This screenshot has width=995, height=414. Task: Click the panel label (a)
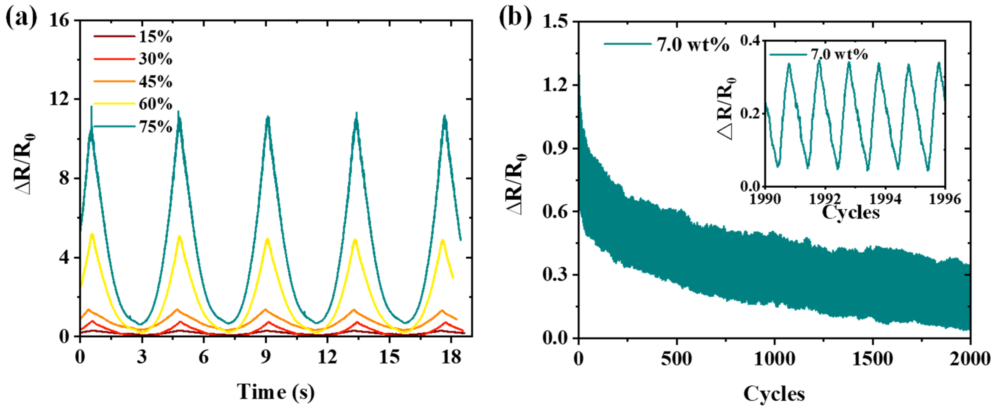coord(21,17)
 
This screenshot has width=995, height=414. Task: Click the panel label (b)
coord(515,17)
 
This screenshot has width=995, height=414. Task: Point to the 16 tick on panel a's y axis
coord(59,20)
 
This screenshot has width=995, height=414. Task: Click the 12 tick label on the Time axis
coord(327,357)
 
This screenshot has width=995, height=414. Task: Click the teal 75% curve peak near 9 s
coord(267,118)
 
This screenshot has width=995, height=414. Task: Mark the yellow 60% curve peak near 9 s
coord(267,240)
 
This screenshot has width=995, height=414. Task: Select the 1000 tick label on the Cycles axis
coord(774,359)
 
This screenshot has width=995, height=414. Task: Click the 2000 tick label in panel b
coord(970,359)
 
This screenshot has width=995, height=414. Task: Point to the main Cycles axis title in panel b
coord(774,394)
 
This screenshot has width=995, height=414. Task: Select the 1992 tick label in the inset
coord(825,199)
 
